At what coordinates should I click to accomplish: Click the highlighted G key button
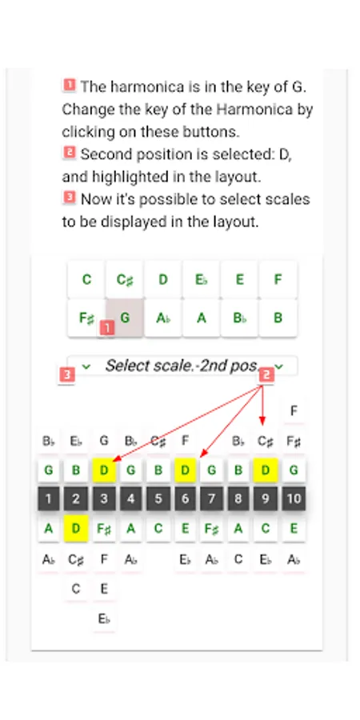tap(125, 318)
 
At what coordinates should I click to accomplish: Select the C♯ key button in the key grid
tap(125, 279)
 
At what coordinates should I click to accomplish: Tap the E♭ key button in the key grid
tap(201, 279)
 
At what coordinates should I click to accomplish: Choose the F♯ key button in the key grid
tap(86, 318)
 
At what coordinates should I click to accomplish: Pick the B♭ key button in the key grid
tap(239, 318)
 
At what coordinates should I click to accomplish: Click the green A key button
tap(201, 318)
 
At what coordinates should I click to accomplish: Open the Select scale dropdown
tap(182, 366)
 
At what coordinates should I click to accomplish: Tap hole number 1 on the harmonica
tap(49, 498)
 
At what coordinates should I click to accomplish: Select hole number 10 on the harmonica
tap(294, 498)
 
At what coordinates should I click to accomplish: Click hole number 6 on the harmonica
tap(185, 498)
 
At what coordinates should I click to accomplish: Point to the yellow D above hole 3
tap(104, 470)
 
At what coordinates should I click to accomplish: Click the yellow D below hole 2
tap(76, 529)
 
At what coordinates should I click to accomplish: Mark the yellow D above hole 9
tap(266, 470)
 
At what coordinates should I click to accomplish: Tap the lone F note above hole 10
tap(294, 410)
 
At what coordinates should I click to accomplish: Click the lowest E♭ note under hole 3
tap(104, 618)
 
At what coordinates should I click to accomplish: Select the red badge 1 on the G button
tap(106, 328)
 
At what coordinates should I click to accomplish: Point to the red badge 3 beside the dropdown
tap(67, 375)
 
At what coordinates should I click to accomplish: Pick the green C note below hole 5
tap(158, 529)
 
